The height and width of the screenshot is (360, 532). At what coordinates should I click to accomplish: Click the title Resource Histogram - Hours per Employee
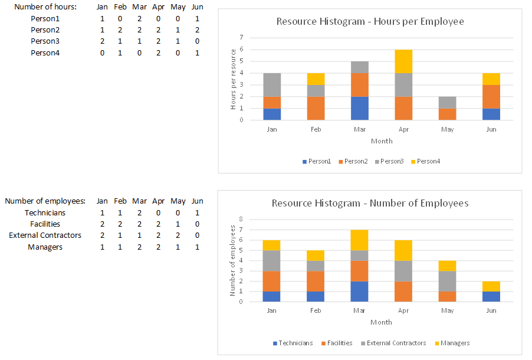tap(370, 22)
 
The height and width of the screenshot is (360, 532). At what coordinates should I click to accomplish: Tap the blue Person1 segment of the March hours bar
tap(360, 108)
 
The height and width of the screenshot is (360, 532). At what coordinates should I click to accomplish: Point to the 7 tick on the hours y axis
tap(241, 37)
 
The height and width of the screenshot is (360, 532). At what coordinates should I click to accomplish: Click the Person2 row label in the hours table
tap(45, 30)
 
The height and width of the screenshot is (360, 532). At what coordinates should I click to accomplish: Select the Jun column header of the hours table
tap(197, 7)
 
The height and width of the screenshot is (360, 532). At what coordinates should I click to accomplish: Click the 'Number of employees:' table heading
tap(45, 201)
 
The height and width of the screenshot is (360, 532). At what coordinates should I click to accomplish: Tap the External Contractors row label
tap(45, 235)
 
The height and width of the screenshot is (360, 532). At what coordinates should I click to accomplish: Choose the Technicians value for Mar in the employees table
tap(140, 212)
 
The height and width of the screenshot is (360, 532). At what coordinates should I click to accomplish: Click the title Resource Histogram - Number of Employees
tap(370, 204)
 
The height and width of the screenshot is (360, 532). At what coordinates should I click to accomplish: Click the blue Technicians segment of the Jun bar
tap(491, 296)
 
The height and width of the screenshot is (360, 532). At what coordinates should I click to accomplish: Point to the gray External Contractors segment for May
tap(446, 280)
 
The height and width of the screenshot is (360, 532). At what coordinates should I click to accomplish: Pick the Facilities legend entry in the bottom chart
tap(339, 343)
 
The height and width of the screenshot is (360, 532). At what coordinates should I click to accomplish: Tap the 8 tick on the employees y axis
tap(241, 219)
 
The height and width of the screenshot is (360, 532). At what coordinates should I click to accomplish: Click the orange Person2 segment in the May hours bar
tap(446, 114)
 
